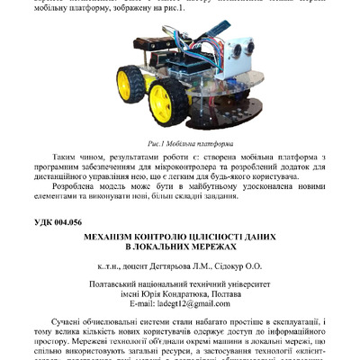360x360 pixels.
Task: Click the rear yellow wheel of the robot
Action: [x=126, y=85]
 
